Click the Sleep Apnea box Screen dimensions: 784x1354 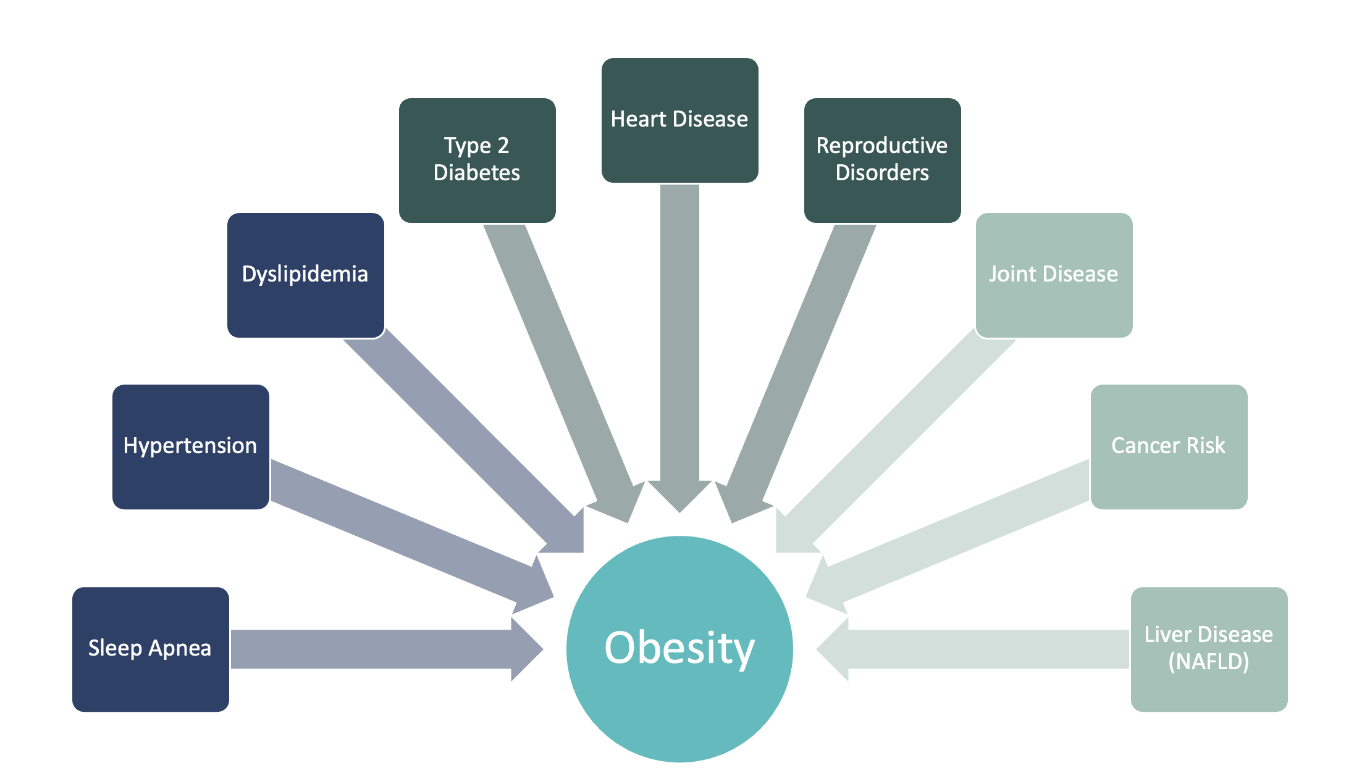(x=150, y=649)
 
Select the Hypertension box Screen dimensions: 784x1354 (x=190, y=446)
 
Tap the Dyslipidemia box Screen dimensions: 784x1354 (x=305, y=275)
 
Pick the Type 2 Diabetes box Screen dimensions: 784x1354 (x=477, y=160)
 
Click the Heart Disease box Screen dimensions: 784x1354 (x=679, y=120)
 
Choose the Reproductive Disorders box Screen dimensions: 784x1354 (x=882, y=160)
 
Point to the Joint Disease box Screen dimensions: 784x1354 (x=1054, y=275)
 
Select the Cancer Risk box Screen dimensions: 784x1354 (x=1169, y=446)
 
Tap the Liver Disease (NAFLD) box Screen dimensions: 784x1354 (x=1209, y=649)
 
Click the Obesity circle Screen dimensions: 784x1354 (x=679, y=649)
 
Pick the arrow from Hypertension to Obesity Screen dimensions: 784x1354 (x=402, y=531)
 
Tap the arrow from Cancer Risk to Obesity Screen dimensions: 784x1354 (x=957, y=531)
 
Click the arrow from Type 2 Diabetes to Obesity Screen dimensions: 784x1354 (x=562, y=364)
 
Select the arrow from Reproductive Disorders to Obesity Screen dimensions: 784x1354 (x=797, y=364)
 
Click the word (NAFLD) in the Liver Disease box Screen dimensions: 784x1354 (x=1209, y=662)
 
